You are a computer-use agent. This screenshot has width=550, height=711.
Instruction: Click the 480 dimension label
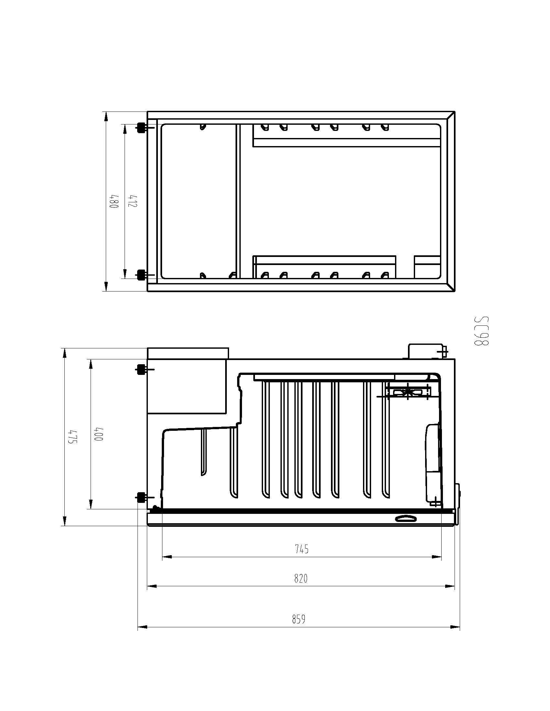(114, 202)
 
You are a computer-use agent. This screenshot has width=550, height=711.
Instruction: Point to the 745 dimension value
(302, 549)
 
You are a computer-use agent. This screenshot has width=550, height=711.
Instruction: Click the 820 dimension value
(301, 578)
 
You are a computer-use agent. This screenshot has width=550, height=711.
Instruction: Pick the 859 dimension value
(299, 619)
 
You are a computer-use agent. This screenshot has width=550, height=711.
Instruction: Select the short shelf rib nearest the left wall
(203, 452)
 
